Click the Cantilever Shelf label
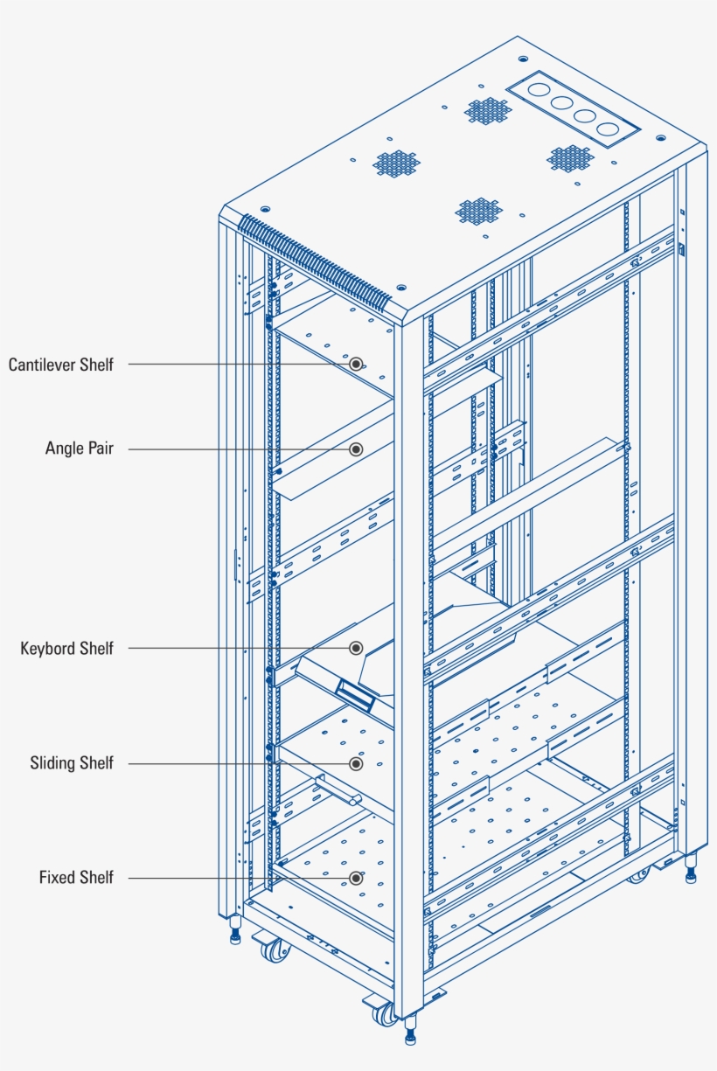[x=61, y=365]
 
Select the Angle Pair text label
[x=80, y=449]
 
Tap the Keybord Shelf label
[x=67, y=649]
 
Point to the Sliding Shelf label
[x=72, y=763]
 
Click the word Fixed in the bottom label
[x=57, y=877]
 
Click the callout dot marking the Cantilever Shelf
[x=356, y=364]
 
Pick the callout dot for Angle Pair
[x=356, y=449]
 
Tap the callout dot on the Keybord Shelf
[x=356, y=648]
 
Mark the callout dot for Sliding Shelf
[x=356, y=763]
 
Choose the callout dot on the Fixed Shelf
[x=356, y=877]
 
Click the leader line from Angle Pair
[x=236, y=449]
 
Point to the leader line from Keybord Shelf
[x=236, y=648]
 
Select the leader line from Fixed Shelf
[x=236, y=877]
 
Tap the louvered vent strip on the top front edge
[x=315, y=261]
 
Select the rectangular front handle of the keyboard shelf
[x=357, y=695]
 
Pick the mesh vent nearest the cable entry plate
[x=487, y=111]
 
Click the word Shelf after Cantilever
[x=96, y=365]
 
